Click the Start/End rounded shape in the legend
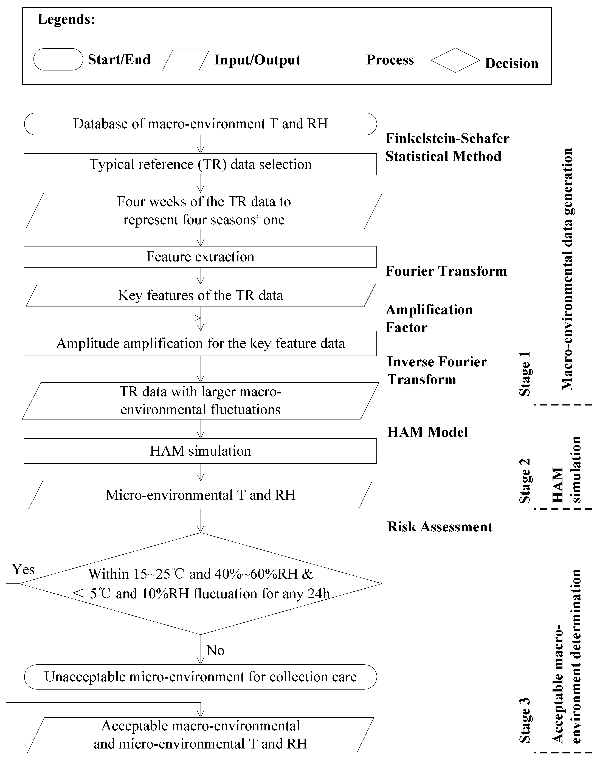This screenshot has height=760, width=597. (x=58, y=59)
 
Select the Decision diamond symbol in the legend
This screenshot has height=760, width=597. (x=455, y=60)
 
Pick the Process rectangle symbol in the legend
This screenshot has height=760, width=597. (x=336, y=60)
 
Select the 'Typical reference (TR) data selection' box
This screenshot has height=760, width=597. (x=200, y=164)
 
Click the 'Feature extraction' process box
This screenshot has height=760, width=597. (x=200, y=257)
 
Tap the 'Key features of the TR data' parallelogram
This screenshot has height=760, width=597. (x=200, y=296)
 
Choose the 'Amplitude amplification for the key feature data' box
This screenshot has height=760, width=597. (x=200, y=344)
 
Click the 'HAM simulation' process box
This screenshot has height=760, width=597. (x=200, y=451)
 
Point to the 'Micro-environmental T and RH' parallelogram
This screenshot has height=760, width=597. (x=200, y=495)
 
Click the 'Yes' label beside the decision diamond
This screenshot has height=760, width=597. (x=23, y=570)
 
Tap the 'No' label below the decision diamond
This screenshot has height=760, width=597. (x=215, y=650)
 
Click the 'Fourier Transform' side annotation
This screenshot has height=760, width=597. (x=446, y=271)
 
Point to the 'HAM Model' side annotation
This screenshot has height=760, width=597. (x=427, y=432)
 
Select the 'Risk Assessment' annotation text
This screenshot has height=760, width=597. (x=440, y=527)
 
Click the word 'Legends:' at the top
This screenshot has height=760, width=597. (x=66, y=19)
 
